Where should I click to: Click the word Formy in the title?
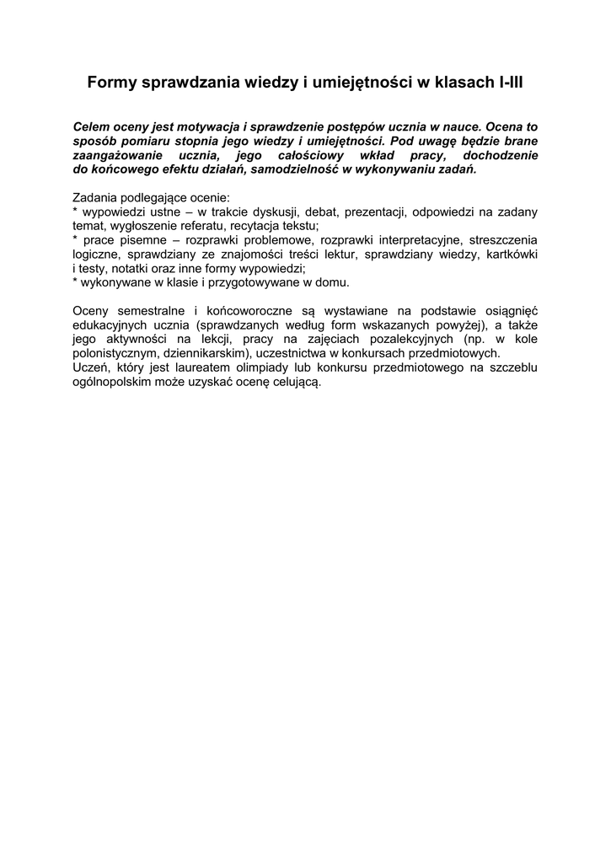(113, 83)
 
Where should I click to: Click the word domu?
(333, 283)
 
